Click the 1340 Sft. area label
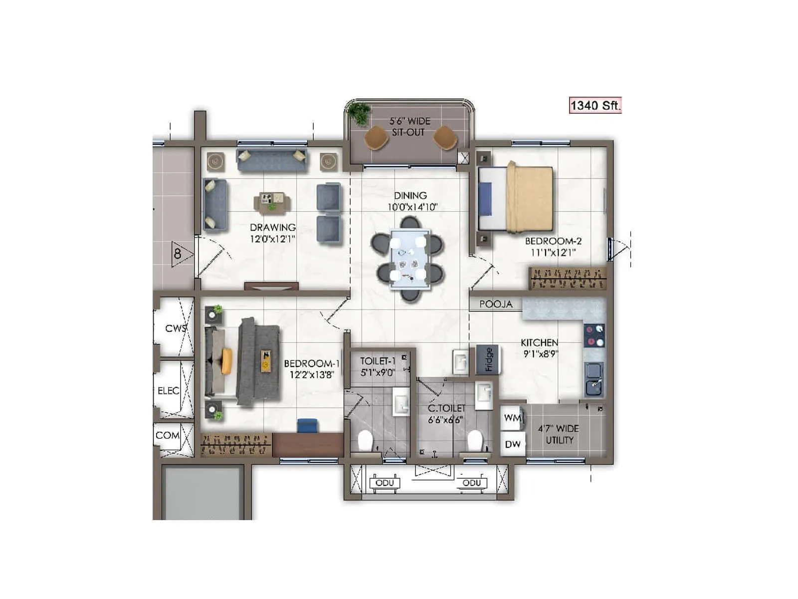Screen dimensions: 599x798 [595, 105]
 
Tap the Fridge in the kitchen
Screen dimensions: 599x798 [488, 359]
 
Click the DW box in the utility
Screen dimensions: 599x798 [512, 444]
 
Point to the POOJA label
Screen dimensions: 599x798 [496, 304]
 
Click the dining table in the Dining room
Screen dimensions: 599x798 [410, 259]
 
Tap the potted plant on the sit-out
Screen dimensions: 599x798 [359, 113]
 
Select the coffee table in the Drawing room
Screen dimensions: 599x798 [272, 202]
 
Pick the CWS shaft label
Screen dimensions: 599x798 [176, 328]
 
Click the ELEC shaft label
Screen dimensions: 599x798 [169, 391]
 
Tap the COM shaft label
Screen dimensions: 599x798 [167, 435]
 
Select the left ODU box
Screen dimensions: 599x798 [385, 483]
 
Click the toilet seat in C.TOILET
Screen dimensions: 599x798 [475, 441]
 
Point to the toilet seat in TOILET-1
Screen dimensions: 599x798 [366, 441]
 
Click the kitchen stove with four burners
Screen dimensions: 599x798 [594, 335]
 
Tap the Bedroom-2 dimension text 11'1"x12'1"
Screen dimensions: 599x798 [553, 253]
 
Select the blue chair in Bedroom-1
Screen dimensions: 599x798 [307, 425]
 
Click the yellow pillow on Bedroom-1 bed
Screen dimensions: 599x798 [227, 361]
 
